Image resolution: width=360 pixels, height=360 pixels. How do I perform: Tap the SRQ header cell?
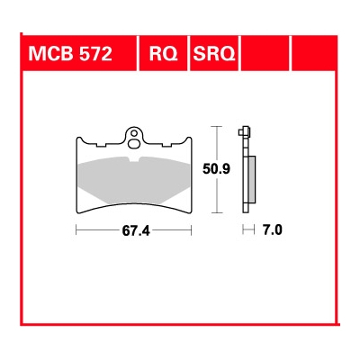213,55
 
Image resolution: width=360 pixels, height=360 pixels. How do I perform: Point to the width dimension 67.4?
135,230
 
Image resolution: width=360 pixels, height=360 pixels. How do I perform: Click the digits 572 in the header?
93,55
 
